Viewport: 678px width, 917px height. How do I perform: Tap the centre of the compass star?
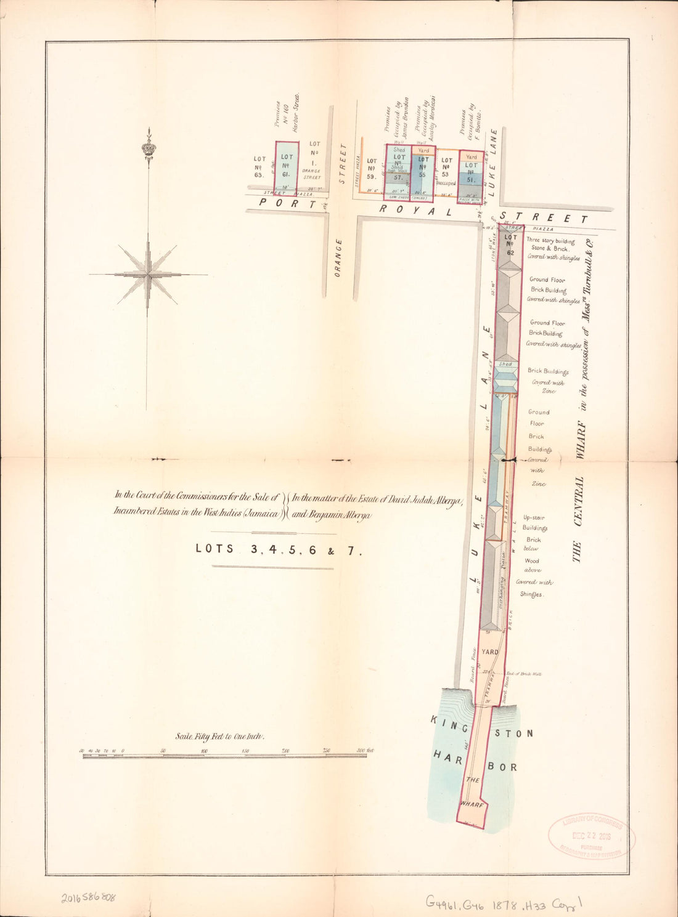point(147,275)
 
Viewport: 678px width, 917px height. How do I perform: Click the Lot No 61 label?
point(287,165)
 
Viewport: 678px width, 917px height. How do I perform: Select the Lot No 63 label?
point(259,166)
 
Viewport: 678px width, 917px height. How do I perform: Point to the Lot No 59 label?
point(372,168)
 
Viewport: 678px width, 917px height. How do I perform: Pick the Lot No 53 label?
point(446,168)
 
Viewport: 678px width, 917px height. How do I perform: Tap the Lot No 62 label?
point(510,244)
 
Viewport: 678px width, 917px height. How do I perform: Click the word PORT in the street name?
point(281,203)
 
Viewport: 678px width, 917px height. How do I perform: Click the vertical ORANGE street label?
point(338,257)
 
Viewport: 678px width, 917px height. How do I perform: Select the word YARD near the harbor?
point(490,652)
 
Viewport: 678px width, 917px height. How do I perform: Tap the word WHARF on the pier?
point(472,804)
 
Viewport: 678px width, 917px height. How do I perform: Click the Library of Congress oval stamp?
point(592,836)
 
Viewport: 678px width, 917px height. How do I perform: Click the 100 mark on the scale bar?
point(204,751)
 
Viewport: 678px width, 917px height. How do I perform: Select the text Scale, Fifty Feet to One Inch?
point(220,737)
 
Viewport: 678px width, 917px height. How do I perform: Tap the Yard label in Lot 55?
point(423,150)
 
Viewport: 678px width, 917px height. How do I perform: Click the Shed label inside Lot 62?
point(505,365)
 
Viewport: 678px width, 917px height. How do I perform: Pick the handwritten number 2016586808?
point(88,897)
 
